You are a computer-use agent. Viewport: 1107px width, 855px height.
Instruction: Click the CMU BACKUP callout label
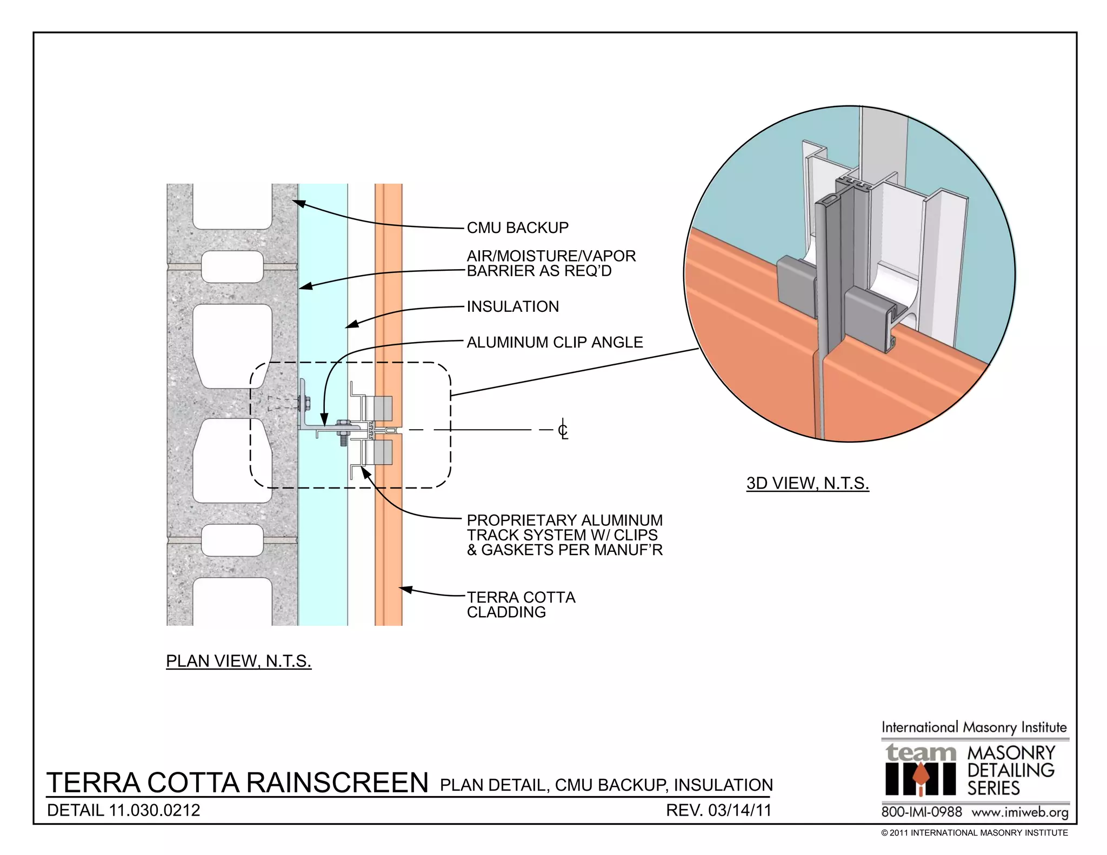(517, 228)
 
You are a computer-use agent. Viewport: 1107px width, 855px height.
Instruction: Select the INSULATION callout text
(512, 306)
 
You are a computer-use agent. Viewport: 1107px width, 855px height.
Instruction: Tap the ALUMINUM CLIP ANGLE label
(555, 342)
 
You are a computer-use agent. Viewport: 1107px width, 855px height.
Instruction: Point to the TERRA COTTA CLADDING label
(521, 605)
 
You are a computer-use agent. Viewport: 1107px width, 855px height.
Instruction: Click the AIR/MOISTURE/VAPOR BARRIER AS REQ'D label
(551, 263)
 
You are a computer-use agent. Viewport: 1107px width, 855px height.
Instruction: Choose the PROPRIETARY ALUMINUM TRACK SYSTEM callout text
(564, 535)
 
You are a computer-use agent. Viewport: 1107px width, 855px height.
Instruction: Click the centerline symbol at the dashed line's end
(563, 430)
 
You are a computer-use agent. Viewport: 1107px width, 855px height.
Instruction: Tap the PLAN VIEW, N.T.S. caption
(238, 661)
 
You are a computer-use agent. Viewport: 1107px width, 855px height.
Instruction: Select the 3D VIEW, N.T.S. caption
(807, 483)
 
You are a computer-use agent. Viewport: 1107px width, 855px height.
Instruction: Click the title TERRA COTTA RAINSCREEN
(237, 783)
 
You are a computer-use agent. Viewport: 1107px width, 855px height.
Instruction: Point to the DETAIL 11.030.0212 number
(123, 810)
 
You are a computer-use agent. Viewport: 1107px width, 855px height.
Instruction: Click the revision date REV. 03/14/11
(718, 810)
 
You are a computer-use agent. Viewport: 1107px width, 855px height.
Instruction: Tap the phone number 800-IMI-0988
(921, 812)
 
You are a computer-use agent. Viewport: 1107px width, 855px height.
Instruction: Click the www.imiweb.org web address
(1019, 812)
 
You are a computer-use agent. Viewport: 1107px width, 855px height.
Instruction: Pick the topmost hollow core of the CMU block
(232, 206)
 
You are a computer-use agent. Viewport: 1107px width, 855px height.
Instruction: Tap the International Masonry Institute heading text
(974, 727)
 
